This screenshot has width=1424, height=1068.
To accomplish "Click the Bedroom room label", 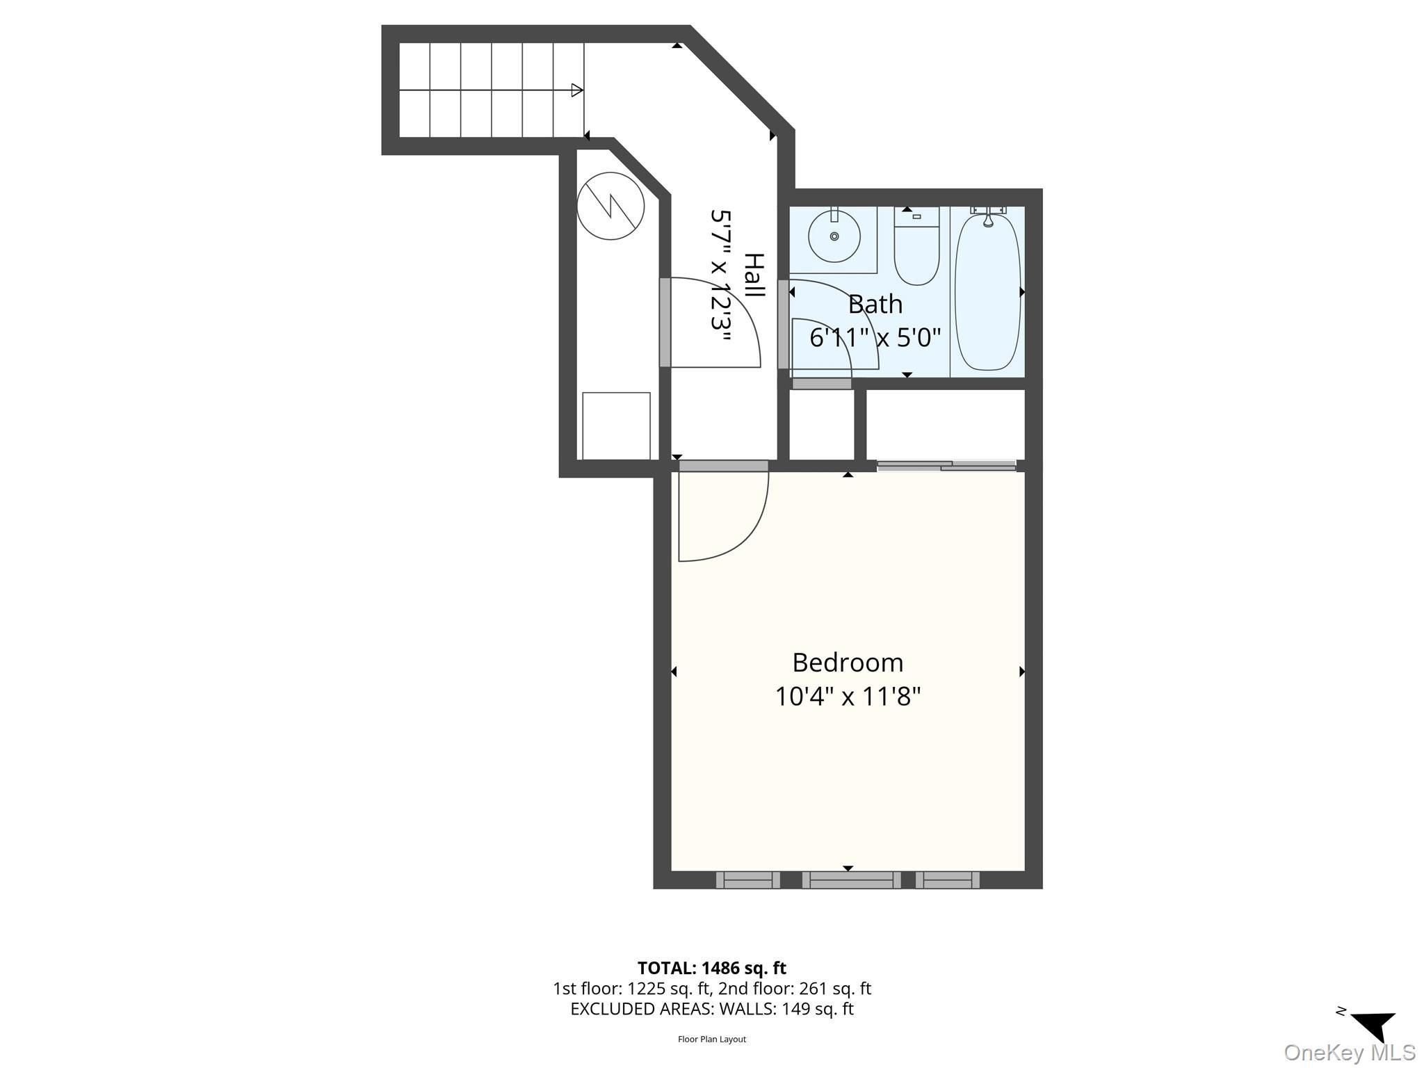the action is pyautogui.click(x=848, y=662).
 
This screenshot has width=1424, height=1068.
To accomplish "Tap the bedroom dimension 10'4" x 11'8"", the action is pyautogui.click(x=848, y=696).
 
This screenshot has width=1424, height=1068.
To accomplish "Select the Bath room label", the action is pyautogui.click(x=875, y=304).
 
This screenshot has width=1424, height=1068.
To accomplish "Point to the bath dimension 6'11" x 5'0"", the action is pyautogui.click(x=875, y=338).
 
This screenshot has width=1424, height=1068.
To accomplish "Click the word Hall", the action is pyautogui.click(x=754, y=275).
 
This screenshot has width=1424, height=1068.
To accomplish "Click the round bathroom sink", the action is pyautogui.click(x=834, y=236).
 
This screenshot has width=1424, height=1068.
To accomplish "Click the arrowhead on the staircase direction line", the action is pyautogui.click(x=577, y=90).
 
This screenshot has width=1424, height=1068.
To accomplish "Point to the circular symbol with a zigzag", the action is pyautogui.click(x=610, y=206).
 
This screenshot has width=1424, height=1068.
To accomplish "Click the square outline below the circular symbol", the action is pyautogui.click(x=616, y=426).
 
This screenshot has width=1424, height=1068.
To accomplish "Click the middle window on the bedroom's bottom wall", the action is pyautogui.click(x=852, y=880).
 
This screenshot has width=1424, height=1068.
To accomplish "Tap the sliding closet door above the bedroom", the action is pyautogui.click(x=946, y=466).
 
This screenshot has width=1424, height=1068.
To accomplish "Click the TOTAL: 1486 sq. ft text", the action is pyautogui.click(x=712, y=968).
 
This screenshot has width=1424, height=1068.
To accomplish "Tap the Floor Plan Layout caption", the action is pyautogui.click(x=712, y=1039).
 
